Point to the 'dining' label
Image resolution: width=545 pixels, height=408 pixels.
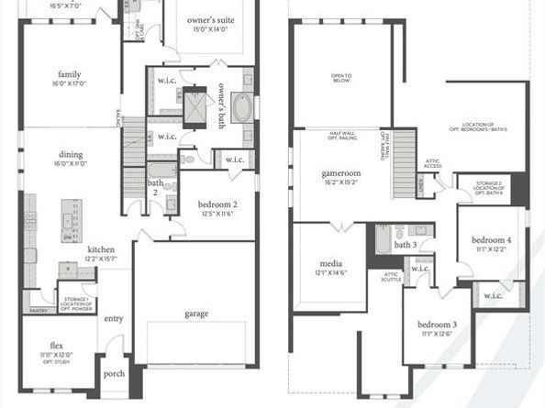71,154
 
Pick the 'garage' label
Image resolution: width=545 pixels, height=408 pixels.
195,314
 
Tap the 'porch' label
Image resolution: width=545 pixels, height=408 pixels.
115,373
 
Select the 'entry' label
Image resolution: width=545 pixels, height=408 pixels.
114,318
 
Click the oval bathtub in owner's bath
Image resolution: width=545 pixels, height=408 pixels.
241,108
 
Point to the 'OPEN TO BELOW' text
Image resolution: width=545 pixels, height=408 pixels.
342,77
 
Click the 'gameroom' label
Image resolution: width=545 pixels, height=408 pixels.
340,172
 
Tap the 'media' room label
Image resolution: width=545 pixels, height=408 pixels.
330,262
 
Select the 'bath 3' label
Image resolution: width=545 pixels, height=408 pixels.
406,245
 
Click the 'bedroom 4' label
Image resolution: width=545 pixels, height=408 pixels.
491,240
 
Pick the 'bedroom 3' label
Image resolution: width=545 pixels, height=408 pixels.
437,325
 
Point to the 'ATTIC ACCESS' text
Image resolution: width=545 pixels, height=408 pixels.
433,162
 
